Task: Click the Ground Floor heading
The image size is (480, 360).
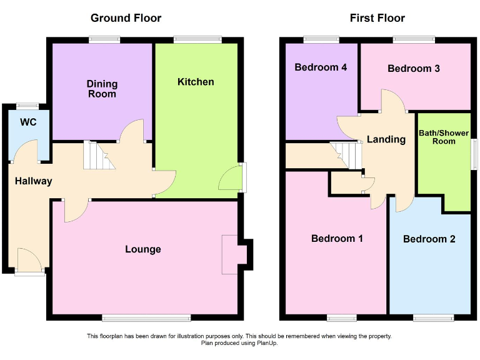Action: (126, 18)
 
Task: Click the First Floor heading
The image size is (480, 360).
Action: (377, 18)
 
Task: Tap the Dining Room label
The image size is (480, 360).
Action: (102, 89)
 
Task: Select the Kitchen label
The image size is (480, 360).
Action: (196, 82)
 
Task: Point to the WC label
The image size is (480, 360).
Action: (28, 122)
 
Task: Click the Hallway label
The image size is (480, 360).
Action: (34, 181)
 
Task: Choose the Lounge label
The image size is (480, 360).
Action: (143, 249)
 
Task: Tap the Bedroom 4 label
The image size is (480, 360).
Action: (321, 67)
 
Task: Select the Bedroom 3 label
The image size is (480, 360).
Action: (414, 69)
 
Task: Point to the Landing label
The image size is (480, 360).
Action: (386, 139)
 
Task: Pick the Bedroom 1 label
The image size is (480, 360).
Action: (337, 238)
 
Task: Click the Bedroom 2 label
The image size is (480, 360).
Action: (429, 239)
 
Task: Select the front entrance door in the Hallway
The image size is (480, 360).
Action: (29, 261)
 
